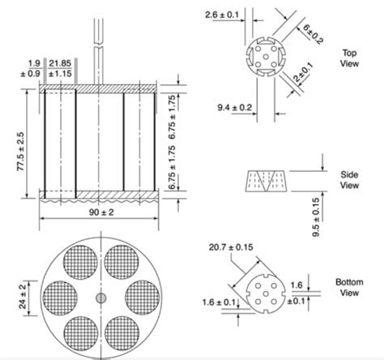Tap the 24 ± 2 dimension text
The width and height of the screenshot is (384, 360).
[23, 295]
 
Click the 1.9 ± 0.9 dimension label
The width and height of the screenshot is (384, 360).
[33, 69]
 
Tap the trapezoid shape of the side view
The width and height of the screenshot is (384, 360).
[267, 180]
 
